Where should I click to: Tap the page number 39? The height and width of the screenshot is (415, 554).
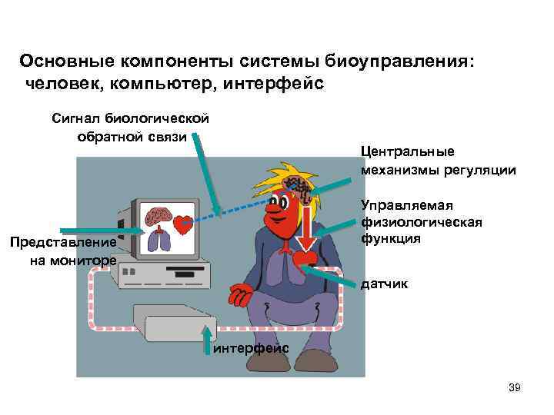pyautogui.click(x=515, y=388)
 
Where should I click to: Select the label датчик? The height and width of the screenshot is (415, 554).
pyautogui.click(x=384, y=284)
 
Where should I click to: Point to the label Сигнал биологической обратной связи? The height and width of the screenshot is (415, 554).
pyautogui.click(x=131, y=128)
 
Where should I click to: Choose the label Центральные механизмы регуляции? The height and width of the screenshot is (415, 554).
pyautogui.click(x=437, y=161)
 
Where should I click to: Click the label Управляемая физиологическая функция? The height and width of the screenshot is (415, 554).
pyautogui.click(x=421, y=221)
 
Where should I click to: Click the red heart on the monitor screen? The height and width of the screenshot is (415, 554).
pyautogui.click(x=182, y=225)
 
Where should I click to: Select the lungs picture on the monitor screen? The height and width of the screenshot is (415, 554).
pyautogui.click(x=159, y=241)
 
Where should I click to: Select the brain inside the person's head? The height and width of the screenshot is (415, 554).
pyautogui.click(x=296, y=187)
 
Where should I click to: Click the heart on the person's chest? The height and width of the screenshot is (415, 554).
pyautogui.click(x=304, y=257)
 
